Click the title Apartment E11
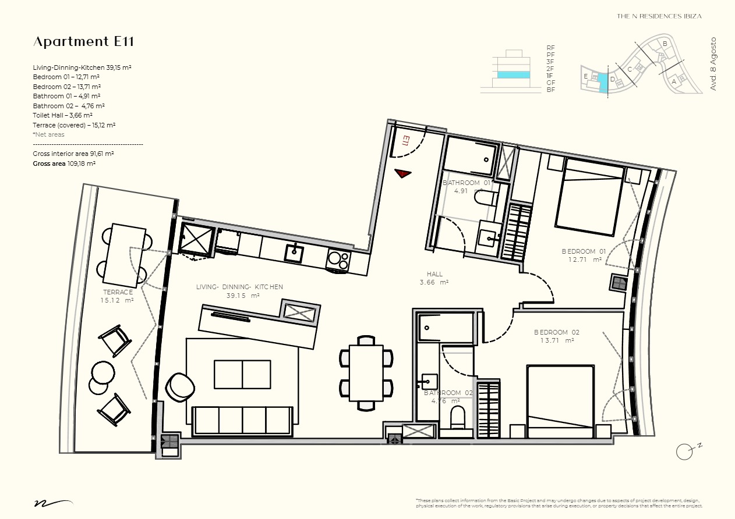click(x=84, y=42)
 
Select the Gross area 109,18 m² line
click(x=64, y=164)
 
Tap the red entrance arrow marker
click(x=402, y=173)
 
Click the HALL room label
click(x=434, y=278)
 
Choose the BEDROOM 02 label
click(x=556, y=336)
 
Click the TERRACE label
click(x=118, y=296)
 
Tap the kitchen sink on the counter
click(x=294, y=253)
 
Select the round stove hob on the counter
click(x=338, y=259)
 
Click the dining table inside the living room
click(x=366, y=372)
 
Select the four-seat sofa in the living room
click(x=242, y=420)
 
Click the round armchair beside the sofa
click(x=180, y=387)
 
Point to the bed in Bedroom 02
click(x=561, y=399)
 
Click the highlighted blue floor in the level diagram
click(x=513, y=75)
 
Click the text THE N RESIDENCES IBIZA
click(x=659, y=16)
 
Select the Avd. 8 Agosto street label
click(x=713, y=64)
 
